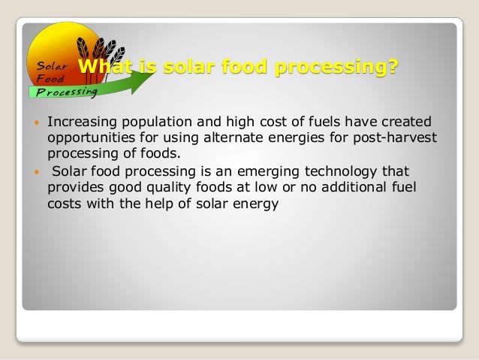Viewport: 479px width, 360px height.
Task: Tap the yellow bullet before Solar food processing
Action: click(x=36, y=170)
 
